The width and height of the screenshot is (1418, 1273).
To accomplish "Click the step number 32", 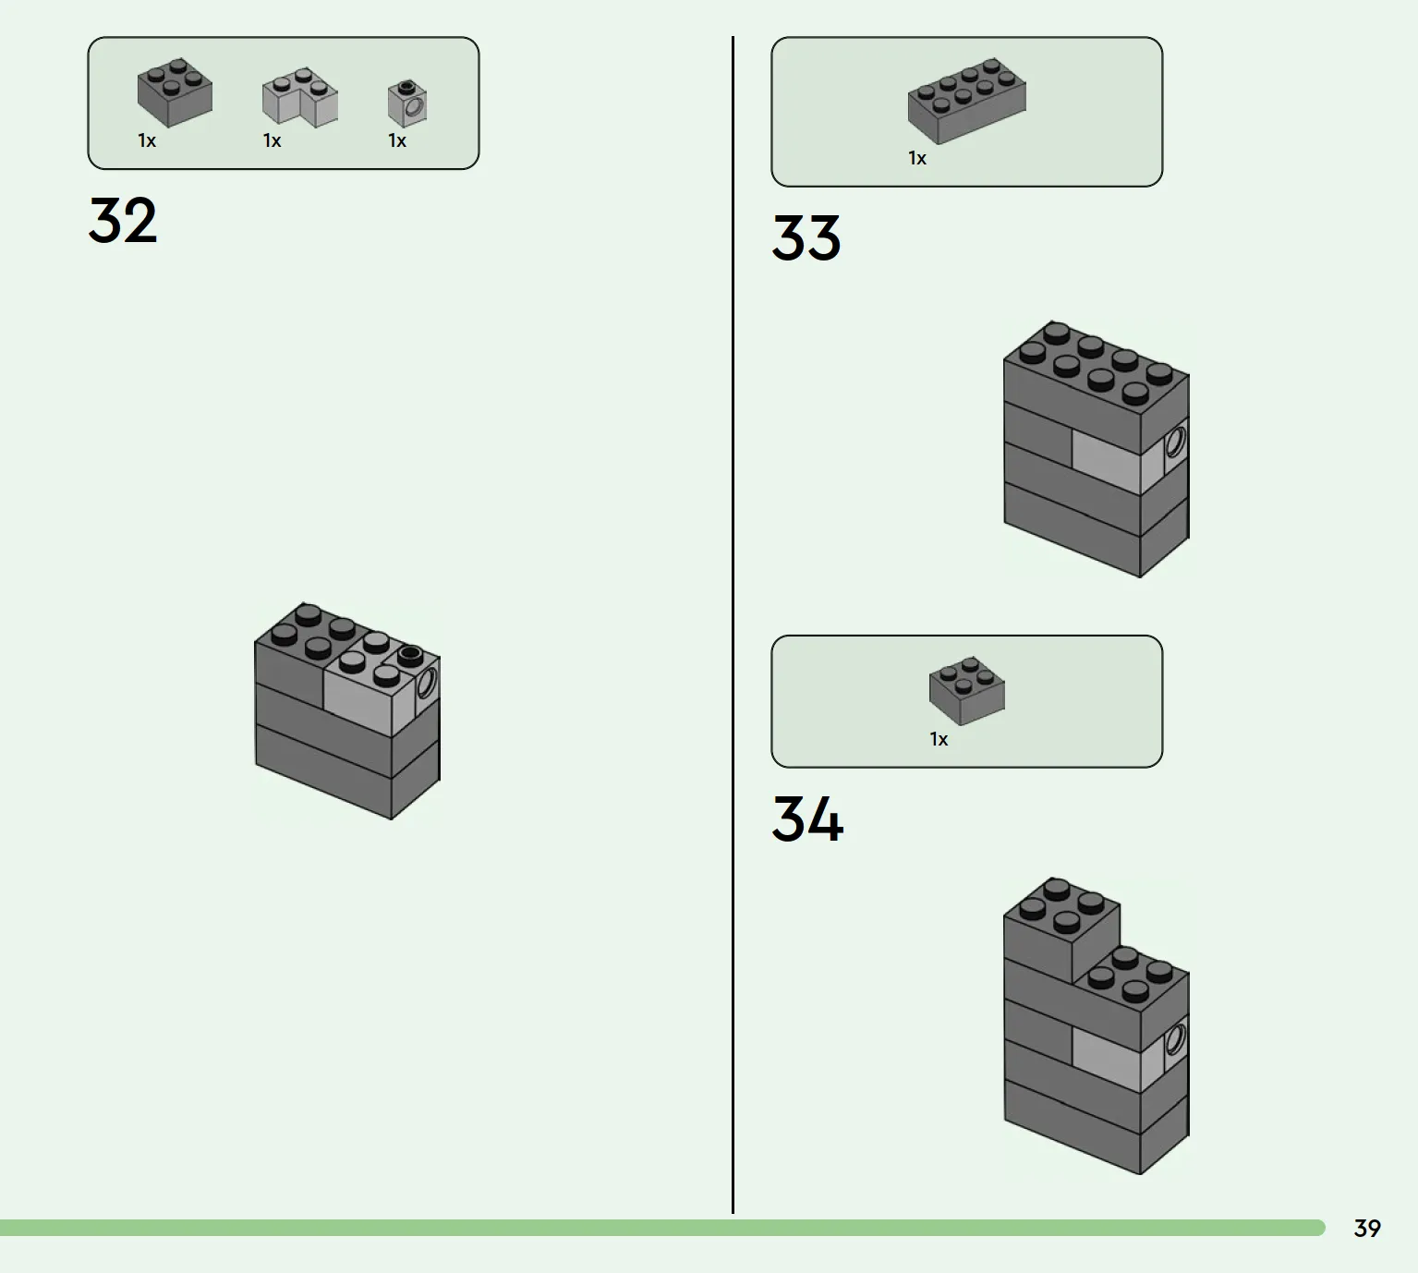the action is click(x=123, y=220).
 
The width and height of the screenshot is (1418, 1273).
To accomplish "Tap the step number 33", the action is click(x=806, y=238).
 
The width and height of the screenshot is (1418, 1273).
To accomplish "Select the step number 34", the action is click(x=807, y=818).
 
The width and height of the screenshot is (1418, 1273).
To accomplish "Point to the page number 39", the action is click(x=1367, y=1228).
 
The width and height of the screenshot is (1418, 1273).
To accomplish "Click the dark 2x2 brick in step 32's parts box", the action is click(x=175, y=92).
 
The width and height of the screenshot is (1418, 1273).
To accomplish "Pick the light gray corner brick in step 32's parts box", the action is click(x=299, y=97).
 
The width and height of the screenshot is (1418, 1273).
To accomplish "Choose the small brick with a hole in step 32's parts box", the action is click(x=407, y=103).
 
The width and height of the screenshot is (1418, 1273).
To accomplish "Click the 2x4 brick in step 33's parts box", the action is click(x=966, y=101).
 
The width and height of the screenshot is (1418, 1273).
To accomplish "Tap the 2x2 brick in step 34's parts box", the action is click(x=966, y=690).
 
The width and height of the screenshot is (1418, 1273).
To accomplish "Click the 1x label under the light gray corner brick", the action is click(x=273, y=140).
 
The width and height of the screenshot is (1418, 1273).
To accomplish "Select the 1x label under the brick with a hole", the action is click(x=397, y=140).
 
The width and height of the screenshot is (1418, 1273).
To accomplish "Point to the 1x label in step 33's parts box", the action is click(x=917, y=158).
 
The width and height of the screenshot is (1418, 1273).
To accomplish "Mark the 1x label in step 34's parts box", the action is click(x=939, y=739).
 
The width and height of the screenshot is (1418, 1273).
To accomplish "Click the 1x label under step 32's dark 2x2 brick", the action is click(x=147, y=140).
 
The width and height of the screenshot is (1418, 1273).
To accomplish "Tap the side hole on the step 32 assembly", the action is click(x=426, y=683).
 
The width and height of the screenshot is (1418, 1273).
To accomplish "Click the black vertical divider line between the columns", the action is click(x=733, y=624).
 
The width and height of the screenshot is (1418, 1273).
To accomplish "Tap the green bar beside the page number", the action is click(x=662, y=1228).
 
